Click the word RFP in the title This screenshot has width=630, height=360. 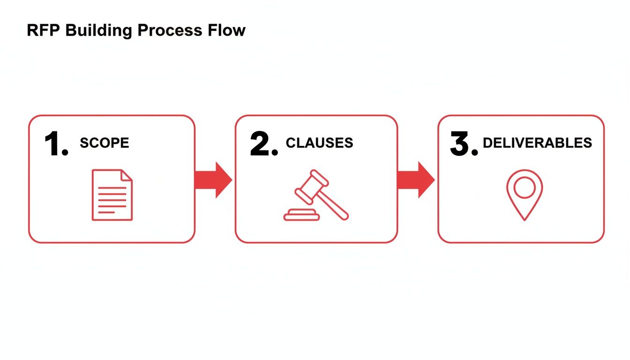(x=44, y=30)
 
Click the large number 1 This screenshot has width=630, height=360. (x=55, y=144)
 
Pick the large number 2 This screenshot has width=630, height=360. (x=263, y=144)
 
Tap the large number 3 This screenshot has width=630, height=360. (x=464, y=144)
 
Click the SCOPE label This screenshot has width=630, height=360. (x=104, y=143)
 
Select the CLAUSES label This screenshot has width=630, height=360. (x=319, y=143)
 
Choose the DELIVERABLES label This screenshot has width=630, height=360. (x=537, y=143)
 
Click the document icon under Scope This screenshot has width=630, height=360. (x=112, y=195)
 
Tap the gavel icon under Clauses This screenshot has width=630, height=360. (x=316, y=195)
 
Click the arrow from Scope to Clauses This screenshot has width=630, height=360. (x=213, y=180)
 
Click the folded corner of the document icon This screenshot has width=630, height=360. (x=127, y=175)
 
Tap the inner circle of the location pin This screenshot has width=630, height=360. (x=525, y=187)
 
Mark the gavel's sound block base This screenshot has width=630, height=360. (x=301, y=216)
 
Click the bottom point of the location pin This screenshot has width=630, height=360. (x=525, y=218)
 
